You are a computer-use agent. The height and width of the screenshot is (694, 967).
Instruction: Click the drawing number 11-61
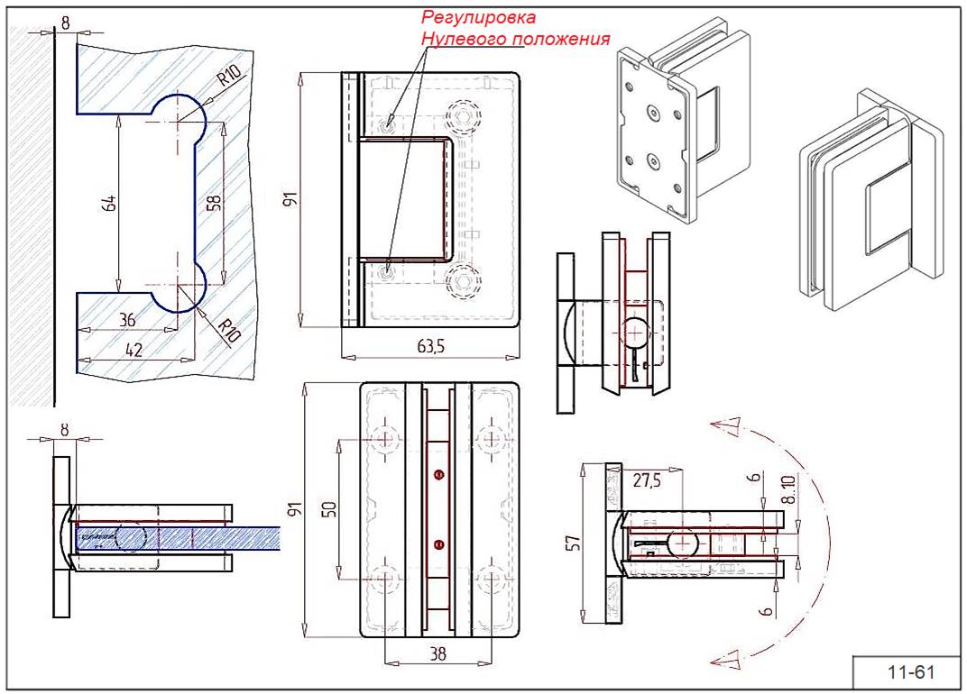point(908,672)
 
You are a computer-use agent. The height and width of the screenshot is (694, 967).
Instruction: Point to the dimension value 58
point(214,203)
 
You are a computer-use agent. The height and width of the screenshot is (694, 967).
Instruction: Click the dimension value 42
point(133,350)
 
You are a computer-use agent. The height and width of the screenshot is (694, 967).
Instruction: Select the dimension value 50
point(329,509)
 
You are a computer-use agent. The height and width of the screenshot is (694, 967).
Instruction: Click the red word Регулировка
point(479,17)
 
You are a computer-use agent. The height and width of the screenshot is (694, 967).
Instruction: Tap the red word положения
point(561,40)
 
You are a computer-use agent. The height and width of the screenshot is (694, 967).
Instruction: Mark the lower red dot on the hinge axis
point(439,543)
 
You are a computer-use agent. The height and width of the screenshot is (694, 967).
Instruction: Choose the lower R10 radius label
point(230,329)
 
